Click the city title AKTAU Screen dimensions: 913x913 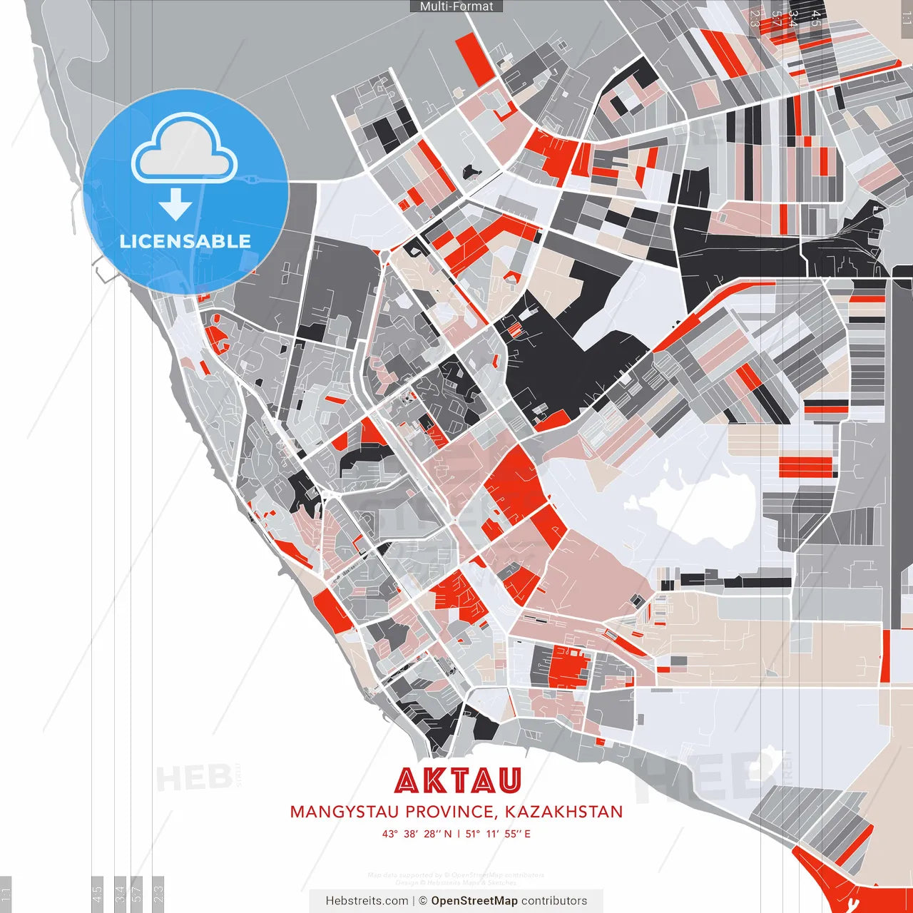(457, 780)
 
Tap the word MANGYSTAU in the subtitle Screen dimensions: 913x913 (345, 812)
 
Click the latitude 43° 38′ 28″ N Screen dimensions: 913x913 (417, 833)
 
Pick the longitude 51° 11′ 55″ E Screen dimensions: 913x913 (498, 833)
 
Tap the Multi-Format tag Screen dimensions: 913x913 (456, 6)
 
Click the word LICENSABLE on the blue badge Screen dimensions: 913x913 (185, 241)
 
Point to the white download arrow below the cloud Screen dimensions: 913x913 (175, 205)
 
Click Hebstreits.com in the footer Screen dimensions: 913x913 (367, 901)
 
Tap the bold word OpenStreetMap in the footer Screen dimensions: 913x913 (474, 901)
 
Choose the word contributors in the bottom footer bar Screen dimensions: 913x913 (554, 901)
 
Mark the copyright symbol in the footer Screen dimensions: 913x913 (422, 901)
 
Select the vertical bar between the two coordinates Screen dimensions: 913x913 (459, 833)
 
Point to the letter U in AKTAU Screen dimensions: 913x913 (509, 780)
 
